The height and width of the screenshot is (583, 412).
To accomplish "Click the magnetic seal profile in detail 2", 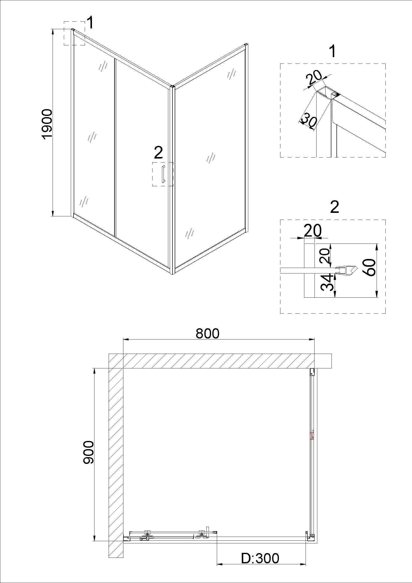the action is pos(346,269).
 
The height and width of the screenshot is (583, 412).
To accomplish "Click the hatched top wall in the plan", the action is pos(220,361).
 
